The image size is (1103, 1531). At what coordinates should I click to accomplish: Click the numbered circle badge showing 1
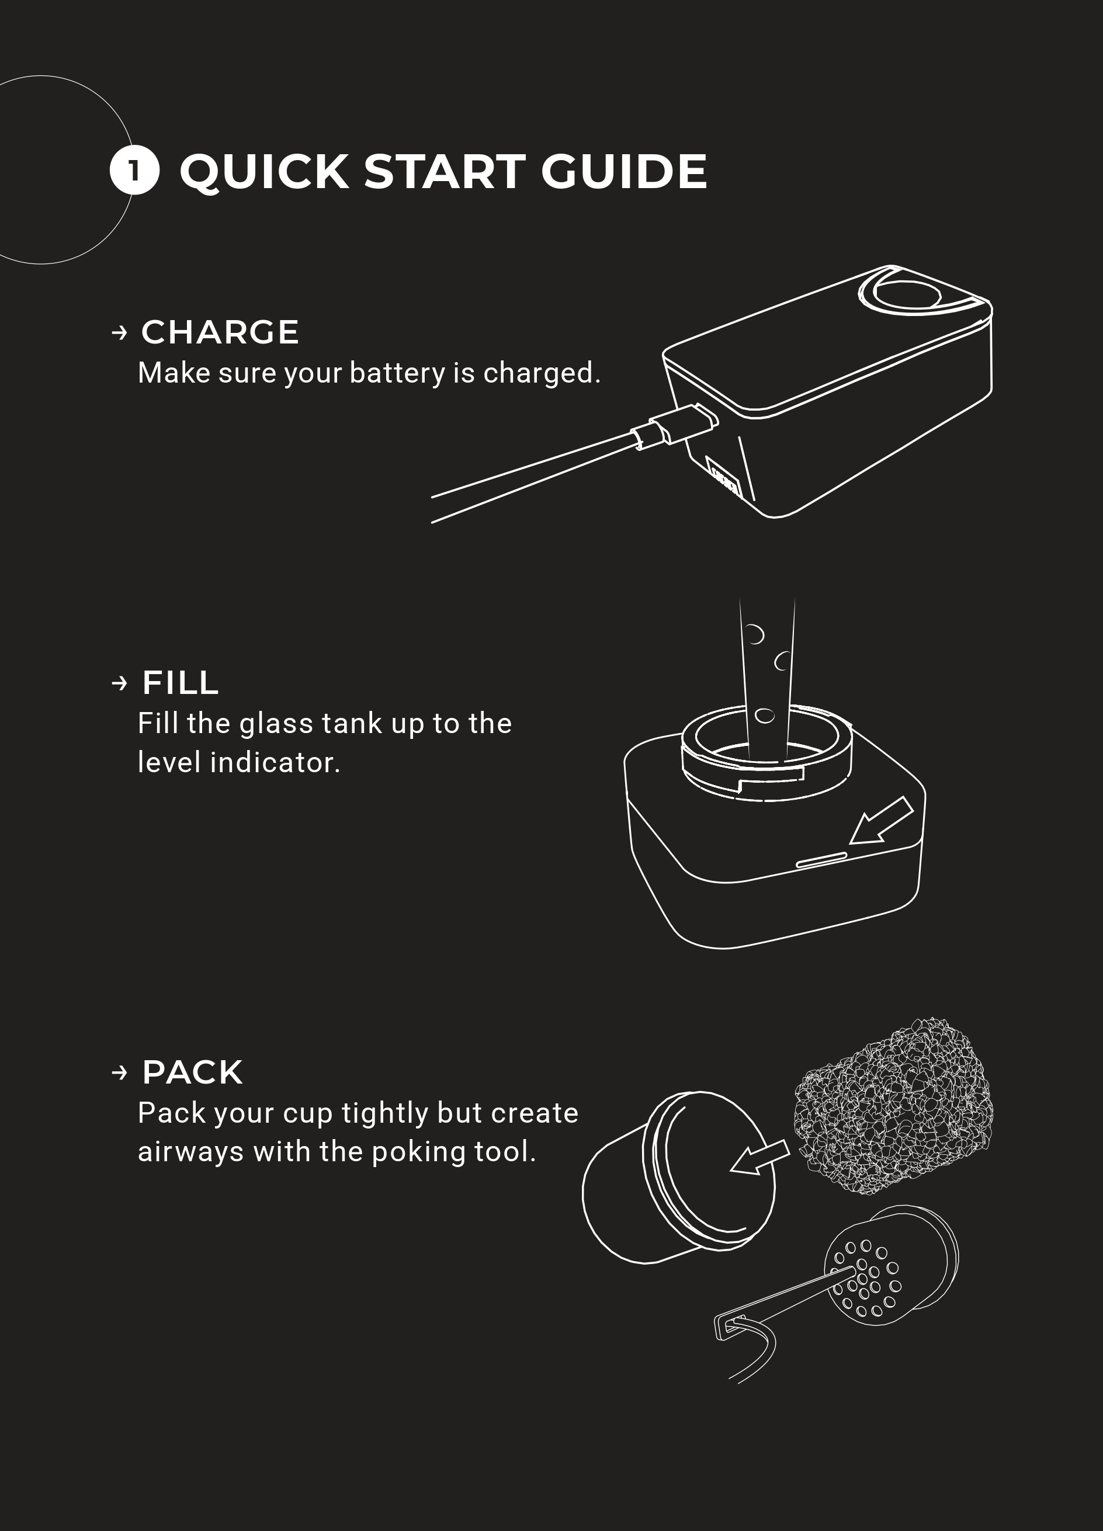click(134, 170)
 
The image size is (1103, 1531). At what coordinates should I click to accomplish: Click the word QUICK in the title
click(264, 172)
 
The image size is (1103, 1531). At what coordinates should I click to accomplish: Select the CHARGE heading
click(220, 332)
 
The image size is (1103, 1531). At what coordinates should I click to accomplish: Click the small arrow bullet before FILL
click(120, 684)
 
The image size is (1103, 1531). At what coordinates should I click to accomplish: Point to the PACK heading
click(192, 1072)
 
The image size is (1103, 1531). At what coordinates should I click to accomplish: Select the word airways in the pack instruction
click(191, 1153)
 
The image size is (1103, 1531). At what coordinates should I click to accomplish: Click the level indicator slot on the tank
click(821, 859)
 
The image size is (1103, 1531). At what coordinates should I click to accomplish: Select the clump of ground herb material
click(893, 1105)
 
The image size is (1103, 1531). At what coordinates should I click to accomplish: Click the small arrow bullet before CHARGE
click(120, 333)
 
